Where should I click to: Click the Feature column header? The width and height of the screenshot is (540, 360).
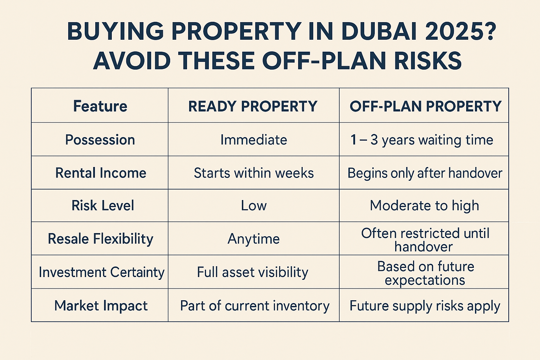(x=100, y=106)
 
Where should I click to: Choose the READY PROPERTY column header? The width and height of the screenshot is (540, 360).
(x=253, y=106)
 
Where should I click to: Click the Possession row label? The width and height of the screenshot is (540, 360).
(x=100, y=140)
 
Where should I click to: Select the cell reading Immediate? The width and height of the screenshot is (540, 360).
(x=253, y=140)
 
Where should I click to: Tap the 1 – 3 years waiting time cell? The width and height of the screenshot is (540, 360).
(x=422, y=140)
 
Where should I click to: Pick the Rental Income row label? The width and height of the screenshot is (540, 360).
(x=101, y=173)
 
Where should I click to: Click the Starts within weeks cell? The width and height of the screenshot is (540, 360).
(x=253, y=173)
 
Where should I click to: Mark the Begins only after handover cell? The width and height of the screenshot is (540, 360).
(x=425, y=173)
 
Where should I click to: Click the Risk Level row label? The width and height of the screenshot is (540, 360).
(x=103, y=206)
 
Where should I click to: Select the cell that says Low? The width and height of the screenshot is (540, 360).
(x=253, y=206)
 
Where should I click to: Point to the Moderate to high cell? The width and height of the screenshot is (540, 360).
(x=424, y=206)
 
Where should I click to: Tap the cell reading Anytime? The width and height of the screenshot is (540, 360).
(x=253, y=239)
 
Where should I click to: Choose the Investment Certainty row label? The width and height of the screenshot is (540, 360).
(x=102, y=272)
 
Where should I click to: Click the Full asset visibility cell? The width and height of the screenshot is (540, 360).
(x=252, y=272)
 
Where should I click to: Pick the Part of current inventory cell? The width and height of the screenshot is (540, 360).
(x=255, y=306)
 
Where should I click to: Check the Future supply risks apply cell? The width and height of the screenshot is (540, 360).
(x=425, y=306)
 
